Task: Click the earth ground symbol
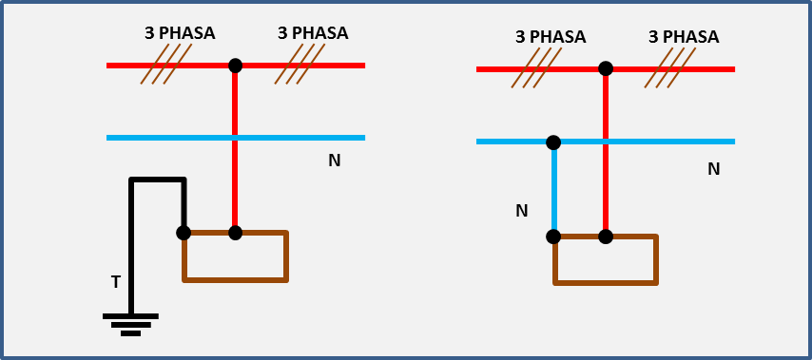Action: click(x=130, y=324)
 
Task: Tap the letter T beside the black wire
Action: click(x=115, y=282)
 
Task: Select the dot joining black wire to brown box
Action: click(x=184, y=233)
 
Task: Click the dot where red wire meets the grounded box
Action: click(x=236, y=233)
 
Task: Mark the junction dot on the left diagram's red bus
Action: click(x=236, y=66)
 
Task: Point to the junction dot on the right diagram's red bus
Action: click(x=606, y=68)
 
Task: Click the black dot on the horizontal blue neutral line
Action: click(x=553, y=142)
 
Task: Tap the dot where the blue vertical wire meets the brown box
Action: click(x=553, y=237)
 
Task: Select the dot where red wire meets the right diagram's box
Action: click(x=606, y=237)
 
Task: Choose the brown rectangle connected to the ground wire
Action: click(x=235, y=256)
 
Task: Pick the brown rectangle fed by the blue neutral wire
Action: click(x=605, y=260)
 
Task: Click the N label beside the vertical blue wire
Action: click(x=521, y=211)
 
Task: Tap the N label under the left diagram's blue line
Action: click(x=334, y=161)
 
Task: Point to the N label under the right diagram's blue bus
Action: click(x=713, y=169)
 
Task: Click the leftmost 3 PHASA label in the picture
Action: click(x=180, y=33)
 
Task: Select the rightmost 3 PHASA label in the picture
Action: click(x=683, y=37)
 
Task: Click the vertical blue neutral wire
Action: click(x=554, y=190)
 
